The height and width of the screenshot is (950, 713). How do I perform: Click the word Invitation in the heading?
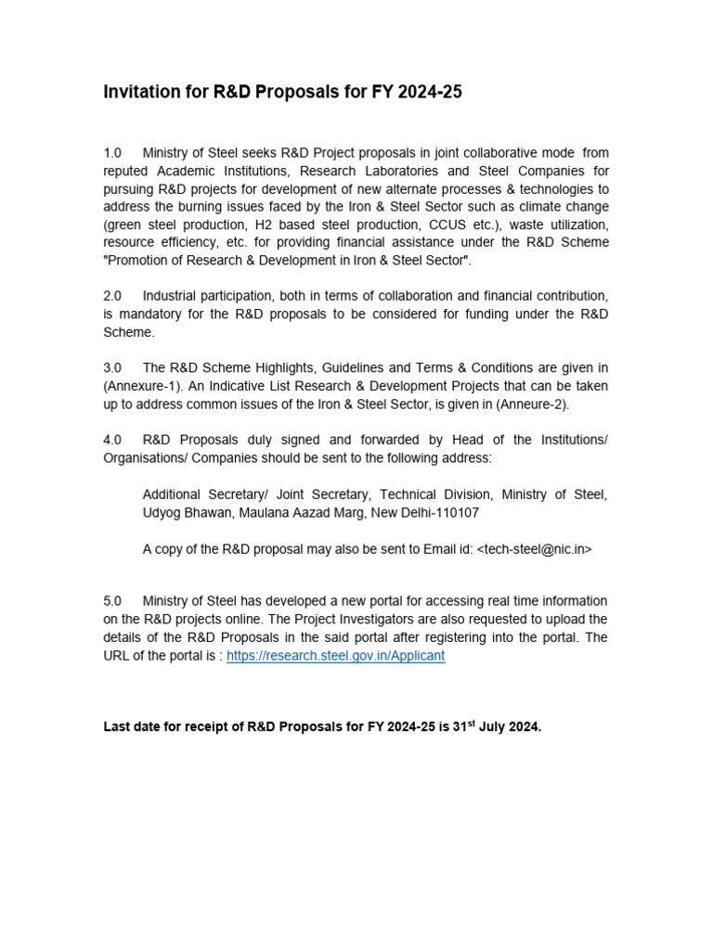pos(140,92)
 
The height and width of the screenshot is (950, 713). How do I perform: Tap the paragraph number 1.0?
pos(112,153)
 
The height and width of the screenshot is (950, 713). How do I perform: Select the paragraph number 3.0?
pos(112,367)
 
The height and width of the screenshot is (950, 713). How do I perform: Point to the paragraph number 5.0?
pos(112,601)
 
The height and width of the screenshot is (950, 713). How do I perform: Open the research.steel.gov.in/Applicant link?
pos(336,655)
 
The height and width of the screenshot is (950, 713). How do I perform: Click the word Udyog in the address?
pos(163,512)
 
